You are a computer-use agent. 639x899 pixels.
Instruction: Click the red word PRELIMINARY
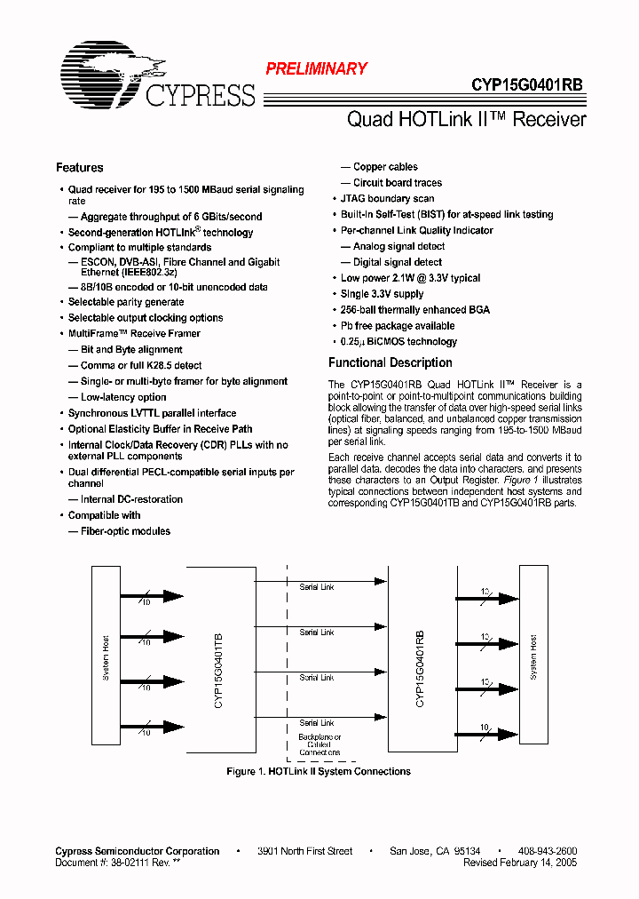[317, 68]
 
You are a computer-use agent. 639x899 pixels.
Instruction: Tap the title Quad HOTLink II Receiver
[466, 119]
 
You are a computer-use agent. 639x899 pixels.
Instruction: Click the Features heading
[79, 168]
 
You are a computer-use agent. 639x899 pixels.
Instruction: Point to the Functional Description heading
[390, 362]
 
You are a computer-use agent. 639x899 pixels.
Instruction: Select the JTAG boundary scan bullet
[387, 199]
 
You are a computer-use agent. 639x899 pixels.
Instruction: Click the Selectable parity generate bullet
[126, 302]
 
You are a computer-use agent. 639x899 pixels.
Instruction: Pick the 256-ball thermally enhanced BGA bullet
[414, 310]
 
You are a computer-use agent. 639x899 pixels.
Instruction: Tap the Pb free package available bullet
[398, 326]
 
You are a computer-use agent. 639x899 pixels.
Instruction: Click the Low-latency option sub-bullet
[123, 397]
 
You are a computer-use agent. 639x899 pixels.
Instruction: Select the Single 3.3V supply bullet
[382, 294]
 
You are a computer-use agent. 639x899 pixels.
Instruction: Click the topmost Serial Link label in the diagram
[316, 587]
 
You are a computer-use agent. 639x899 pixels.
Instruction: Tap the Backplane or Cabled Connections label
[319, 744]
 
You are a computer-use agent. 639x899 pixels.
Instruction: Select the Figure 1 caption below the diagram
[319, 772]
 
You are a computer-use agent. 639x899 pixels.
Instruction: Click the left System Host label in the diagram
[106, 657]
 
